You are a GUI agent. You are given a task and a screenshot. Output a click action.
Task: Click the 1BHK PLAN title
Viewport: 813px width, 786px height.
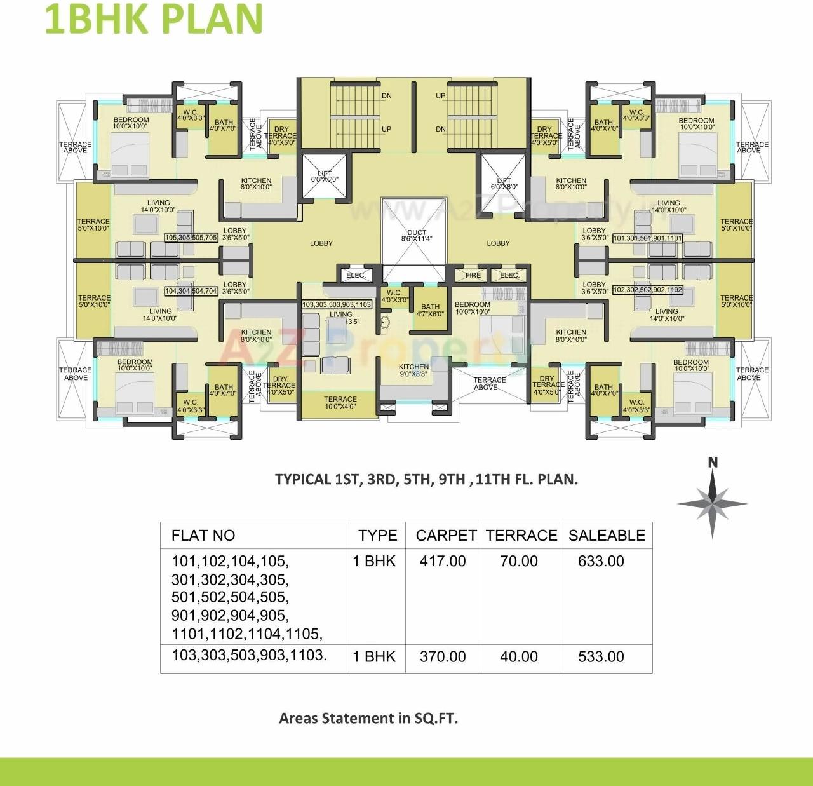point(153,19)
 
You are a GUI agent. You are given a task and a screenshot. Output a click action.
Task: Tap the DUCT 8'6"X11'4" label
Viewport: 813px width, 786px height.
point(417,236)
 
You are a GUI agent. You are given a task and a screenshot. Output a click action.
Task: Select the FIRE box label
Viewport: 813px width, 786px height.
point(473,275)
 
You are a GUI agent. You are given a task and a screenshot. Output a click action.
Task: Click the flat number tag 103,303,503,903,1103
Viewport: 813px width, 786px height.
point(337,305)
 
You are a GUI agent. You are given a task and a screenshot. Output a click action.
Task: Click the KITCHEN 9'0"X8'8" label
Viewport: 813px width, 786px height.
point(413,370)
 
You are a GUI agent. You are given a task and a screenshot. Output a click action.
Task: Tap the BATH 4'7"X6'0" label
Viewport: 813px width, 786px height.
point(430,310)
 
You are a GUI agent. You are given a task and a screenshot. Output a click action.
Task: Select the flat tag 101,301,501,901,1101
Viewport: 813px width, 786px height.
point(647,238)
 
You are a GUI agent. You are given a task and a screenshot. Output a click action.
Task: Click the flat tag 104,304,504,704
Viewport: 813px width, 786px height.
point(191,291)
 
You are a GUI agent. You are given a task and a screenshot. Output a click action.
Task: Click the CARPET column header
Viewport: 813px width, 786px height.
point(446,536)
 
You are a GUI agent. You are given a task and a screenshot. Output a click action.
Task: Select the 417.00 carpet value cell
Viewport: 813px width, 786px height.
point(443,561)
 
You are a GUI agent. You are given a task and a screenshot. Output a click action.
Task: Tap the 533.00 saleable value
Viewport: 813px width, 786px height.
point(601,656)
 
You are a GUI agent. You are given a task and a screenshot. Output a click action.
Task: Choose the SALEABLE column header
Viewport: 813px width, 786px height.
point(607,536)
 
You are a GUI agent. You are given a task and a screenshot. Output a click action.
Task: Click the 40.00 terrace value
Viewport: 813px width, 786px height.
point(519,656)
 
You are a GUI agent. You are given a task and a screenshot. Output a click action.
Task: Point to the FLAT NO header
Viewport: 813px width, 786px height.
point(203,536)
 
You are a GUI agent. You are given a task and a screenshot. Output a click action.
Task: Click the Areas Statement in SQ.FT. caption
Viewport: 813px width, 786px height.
point(368,719)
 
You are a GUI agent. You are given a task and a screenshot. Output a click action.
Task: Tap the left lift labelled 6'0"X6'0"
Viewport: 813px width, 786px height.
point(325,176)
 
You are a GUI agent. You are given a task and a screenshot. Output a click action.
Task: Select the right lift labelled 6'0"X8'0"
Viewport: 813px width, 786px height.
point(504,184)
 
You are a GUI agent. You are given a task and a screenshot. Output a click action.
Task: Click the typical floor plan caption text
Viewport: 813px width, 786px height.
point(426,479)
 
